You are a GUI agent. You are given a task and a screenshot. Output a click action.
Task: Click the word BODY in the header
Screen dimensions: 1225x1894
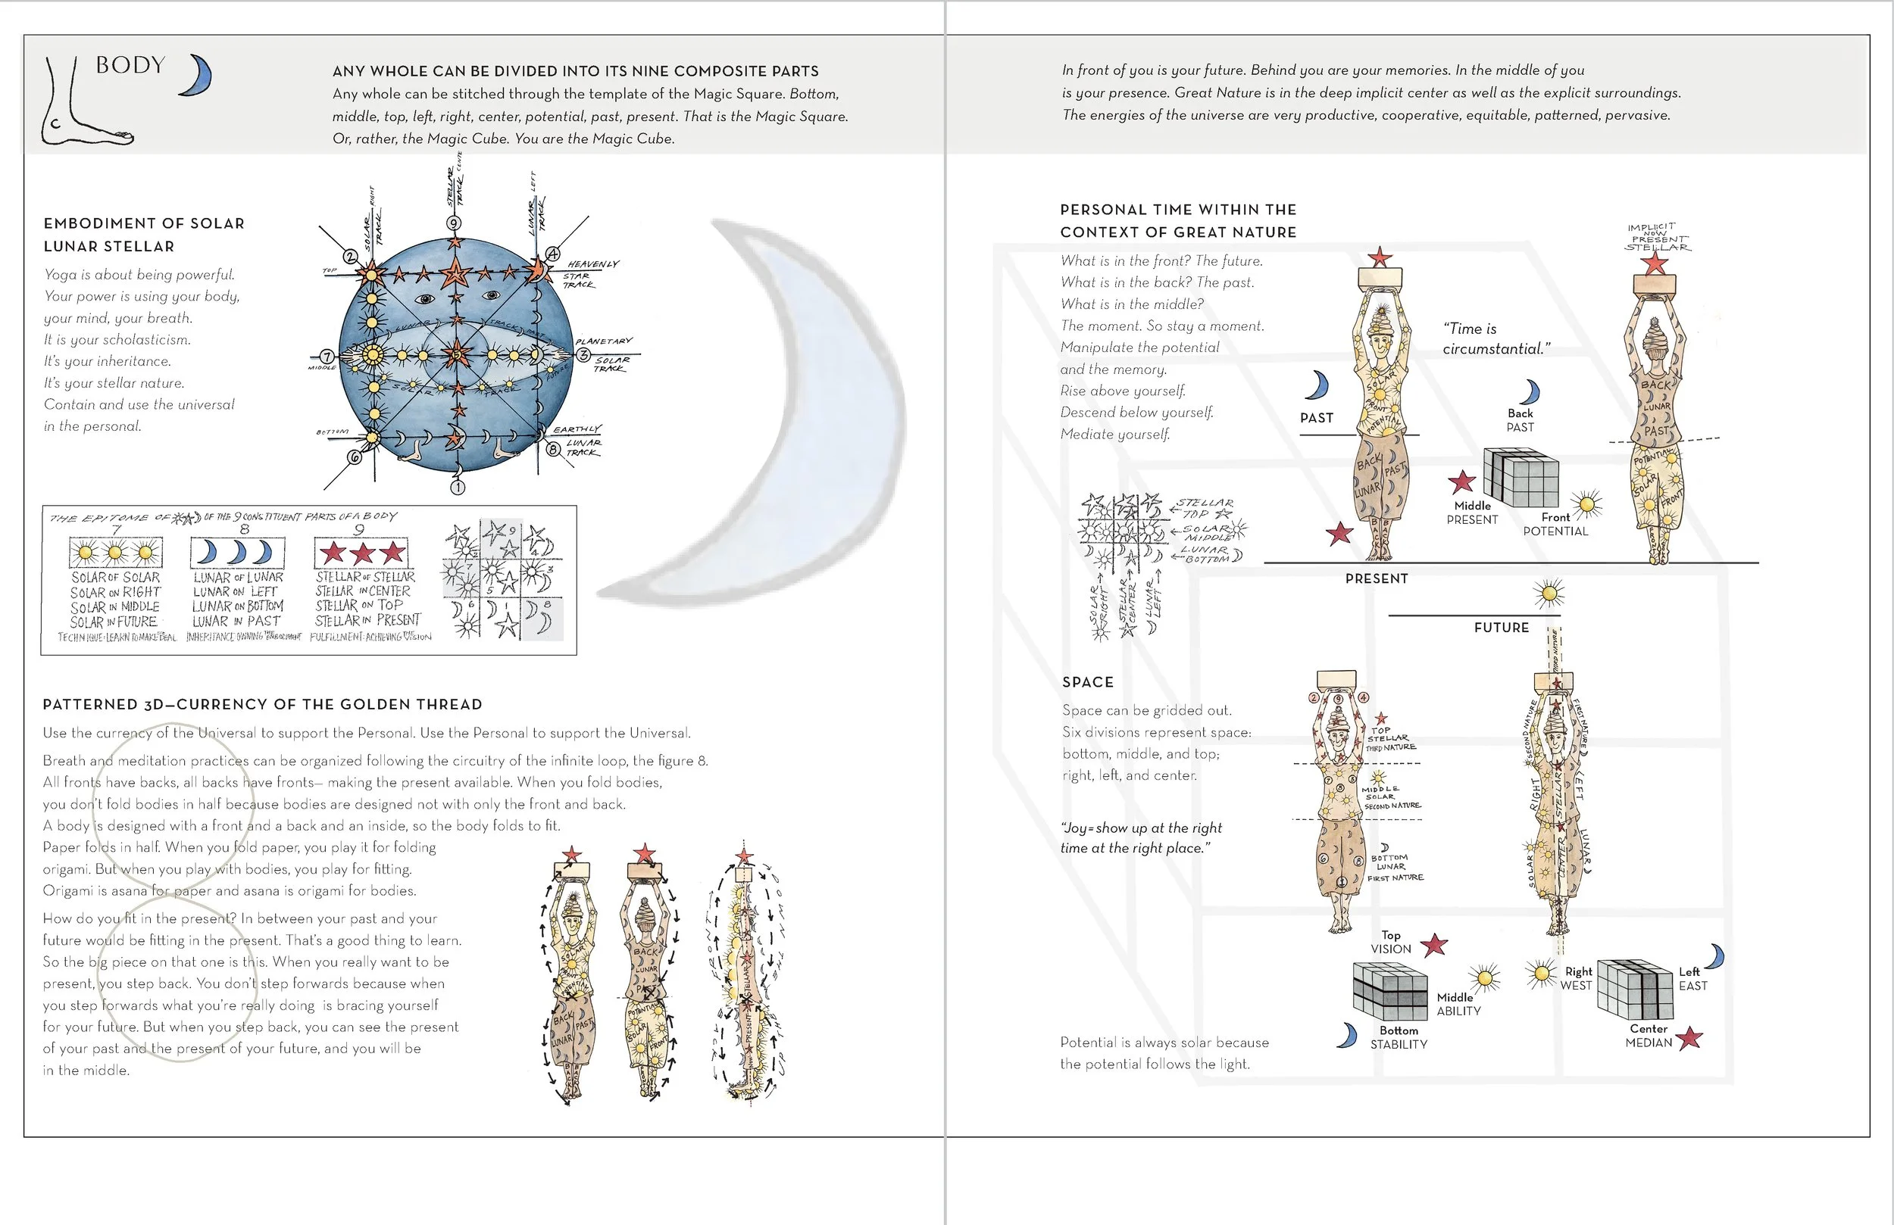[130, 65]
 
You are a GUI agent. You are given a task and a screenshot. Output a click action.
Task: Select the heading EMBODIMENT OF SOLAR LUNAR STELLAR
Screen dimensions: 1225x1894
[144, 235]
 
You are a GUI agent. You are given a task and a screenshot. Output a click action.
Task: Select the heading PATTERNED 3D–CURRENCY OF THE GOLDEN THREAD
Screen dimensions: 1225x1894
[263, 704]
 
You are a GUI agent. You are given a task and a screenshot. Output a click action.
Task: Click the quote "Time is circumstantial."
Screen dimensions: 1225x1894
[1496, 339]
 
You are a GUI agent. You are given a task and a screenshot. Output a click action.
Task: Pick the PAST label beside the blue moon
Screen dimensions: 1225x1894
[1316, 418]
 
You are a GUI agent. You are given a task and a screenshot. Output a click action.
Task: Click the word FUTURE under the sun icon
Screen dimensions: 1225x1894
[1501, 628]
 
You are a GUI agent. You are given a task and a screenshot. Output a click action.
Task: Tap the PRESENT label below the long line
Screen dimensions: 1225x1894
[1376, 578]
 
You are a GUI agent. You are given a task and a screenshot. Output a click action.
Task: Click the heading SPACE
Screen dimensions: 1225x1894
[1087, 681]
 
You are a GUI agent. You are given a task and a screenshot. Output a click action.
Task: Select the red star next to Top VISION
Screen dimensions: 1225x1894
[1434, 945]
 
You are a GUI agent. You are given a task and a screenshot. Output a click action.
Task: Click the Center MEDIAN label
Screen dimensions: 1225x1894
[1648, 1036]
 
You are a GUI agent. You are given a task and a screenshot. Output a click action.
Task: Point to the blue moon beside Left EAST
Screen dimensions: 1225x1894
[1715, 956]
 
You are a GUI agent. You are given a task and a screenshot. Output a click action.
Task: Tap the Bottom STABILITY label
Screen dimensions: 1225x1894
[1399, 1037]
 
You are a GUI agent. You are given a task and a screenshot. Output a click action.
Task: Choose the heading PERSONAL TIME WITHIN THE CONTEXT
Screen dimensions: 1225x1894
[1178, 220]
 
